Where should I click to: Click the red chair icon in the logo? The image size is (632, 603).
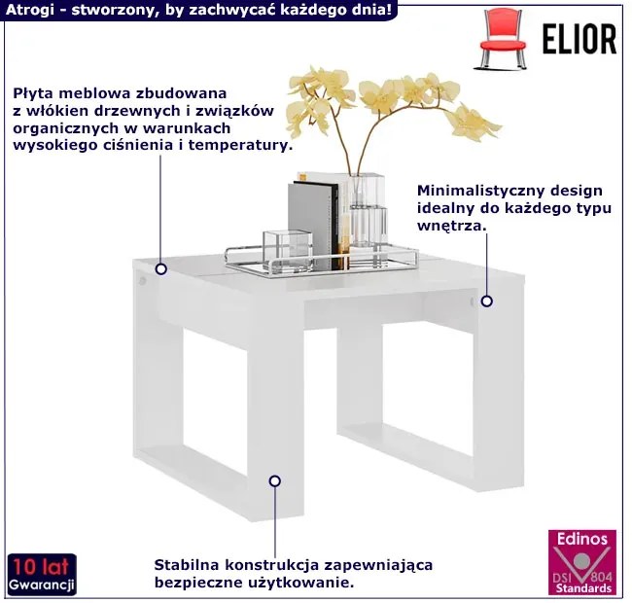pyautogui.click(x=503, y=39)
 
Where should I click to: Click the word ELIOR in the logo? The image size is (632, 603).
pyautogui.click(x=579, y=39)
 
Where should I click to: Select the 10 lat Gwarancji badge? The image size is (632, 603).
pyautogui.click(x=42, y=574)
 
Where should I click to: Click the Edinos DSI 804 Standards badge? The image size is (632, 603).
pyautogui.click(x=582, y=562)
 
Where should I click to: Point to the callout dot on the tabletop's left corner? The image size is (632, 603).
pyautogui.click(x=161, y=268)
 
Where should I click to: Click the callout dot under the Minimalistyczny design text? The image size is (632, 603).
pyautogui.click(x=487, y=301)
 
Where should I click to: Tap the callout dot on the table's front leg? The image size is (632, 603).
pyautogui.click(x=275, y=480)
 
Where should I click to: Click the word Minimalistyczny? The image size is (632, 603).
pyautogui.click(x=480, y=191)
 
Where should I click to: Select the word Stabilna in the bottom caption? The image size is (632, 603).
pyautogui.click(x=187, y=565)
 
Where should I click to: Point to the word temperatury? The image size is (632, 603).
pyautogui.click(x=240, y=146)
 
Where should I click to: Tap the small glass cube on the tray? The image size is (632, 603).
pyautogui.click(x=288, y=250)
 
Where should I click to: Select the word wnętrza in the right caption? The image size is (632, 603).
pyautogui.click(x=452, y=227)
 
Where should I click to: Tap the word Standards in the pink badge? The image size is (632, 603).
pyautogui.click(x=583, y=588)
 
